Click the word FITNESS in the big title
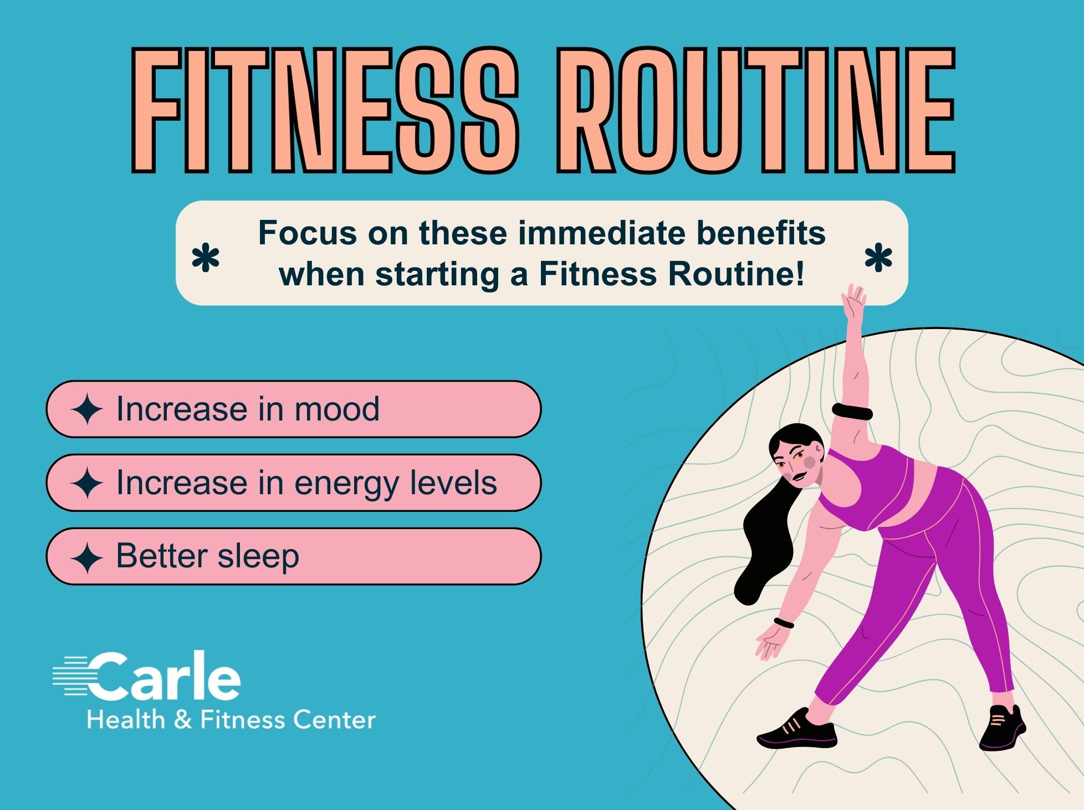325,110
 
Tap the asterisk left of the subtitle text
206,259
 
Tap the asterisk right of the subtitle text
878,259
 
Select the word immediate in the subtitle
601,233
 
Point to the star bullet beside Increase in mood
87,409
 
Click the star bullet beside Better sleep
87,557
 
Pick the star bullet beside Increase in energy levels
87,483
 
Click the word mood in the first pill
337,409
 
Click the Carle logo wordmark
147,675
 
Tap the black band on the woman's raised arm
852,413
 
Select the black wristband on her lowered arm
784,622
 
